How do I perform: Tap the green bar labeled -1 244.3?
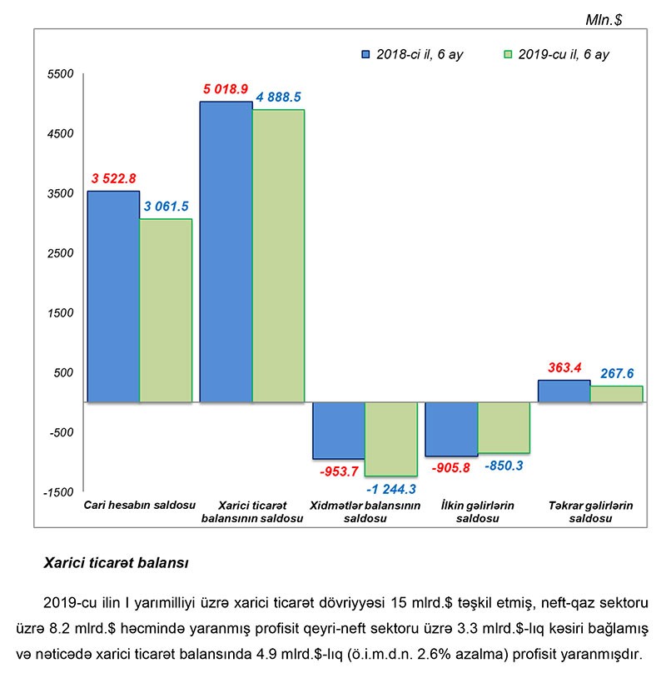pos(391,439)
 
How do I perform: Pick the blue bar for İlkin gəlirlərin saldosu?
pos(451,429)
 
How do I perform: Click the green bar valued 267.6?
pos(617,394)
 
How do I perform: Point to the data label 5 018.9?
pos(225,89)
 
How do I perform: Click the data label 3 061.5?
pos(167,207)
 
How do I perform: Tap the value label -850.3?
pos(504,466)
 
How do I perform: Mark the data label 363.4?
pos(564,367)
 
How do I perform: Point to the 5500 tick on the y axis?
pos(62,74)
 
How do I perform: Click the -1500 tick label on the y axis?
pos(60,492)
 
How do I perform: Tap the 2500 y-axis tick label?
pos(62,253)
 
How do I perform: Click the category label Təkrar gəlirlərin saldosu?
pos(591,511)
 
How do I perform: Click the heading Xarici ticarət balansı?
pos(116,563)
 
